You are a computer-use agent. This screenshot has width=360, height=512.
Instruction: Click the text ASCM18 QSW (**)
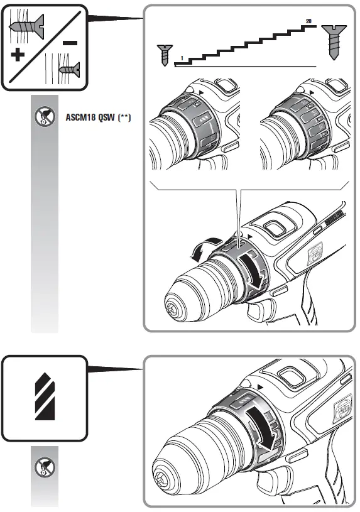[98, 117]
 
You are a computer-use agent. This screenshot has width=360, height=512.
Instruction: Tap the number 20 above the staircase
[308, 21]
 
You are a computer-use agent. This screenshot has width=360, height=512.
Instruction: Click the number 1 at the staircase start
[182, 58]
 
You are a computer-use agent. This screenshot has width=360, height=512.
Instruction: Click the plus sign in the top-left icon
[18, 55]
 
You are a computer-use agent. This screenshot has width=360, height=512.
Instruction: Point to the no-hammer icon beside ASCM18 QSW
[45, 117]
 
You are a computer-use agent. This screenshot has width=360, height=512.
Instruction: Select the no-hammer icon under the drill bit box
[45, 467]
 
